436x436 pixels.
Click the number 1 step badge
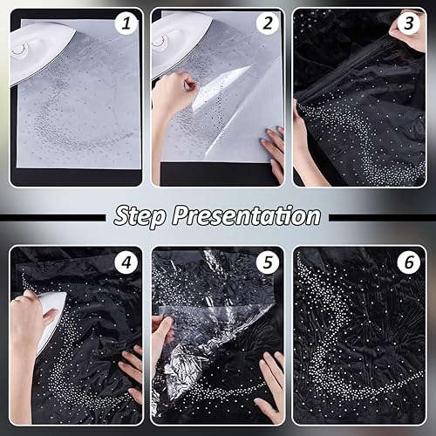(126, 24)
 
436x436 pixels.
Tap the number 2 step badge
(267, 24)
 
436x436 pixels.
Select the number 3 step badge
(408, 24)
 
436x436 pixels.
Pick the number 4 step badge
(126, 262)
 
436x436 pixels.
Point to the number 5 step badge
(267, 262)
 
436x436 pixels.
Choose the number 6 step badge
(408, 262)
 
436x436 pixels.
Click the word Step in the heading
(140, 216)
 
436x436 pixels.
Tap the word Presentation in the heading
(247, 215)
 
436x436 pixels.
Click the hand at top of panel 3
(408, 32)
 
